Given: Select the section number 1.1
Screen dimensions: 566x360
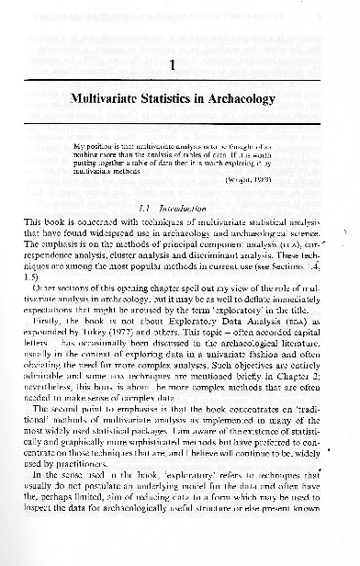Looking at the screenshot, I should coord(144,209).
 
